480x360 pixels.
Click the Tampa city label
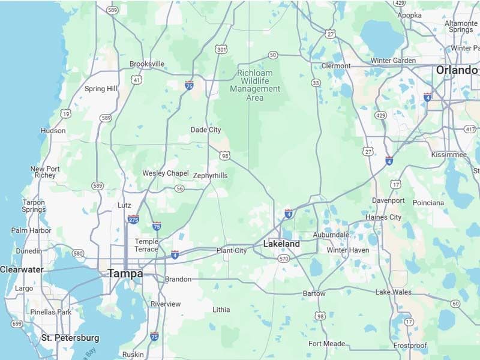pyautogui.click(x=125, y=274)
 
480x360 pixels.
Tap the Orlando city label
pyautogui.click(x=457, y=70)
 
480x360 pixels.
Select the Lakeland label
pyautogui.click(x=281, y=244)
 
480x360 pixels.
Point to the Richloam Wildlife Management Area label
pyautogui.click(x=255, y=85)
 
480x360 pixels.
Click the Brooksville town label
pyautogui.click(x=147, y=64)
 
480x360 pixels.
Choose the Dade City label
pyautogui.click(x=206, y=130)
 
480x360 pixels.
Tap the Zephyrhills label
pyautogui.click(x=211, y=176)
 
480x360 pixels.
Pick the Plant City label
pyautogui.click(x=232, y=251)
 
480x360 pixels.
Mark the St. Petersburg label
pyautogui.click(x=70, y=338)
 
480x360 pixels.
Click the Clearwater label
pyautogui.click(x=22, y=269)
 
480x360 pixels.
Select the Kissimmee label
pyautogui.click(x=448, y=155)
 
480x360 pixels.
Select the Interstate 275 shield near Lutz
pyautogui.click(x=133, y=220)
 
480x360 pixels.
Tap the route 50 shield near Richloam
pyautogui.click(x=273, y=55)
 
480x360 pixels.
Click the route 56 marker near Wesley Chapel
pyautogui.click(x=180, y=188)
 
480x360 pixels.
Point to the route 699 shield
pyautogui.click(x=16, y=324)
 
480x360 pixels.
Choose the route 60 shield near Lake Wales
pyautogui.click(x=455, y=304)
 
